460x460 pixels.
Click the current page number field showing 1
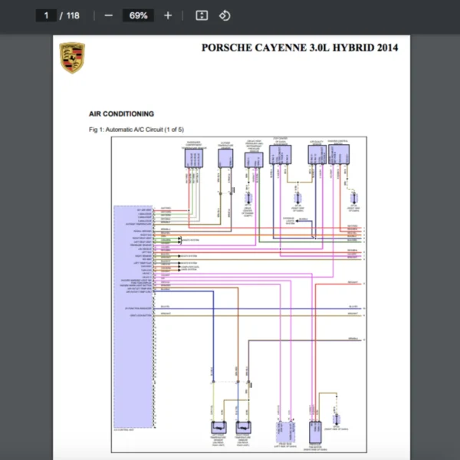coord(48,15)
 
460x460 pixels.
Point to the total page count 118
coord(73,15)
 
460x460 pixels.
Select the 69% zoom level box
coord(139,15)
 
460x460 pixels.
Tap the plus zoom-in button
coord(168,15)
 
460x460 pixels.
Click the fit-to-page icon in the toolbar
coord(202,15)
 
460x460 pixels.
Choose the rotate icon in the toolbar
coord(225,15)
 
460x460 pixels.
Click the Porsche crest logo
coord(72,58)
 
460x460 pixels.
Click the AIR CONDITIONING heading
coord(122,113)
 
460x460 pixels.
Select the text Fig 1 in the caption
coord(96,130)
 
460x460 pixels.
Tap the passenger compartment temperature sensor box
coord(194,158)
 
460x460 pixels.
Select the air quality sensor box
coord(316,154)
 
